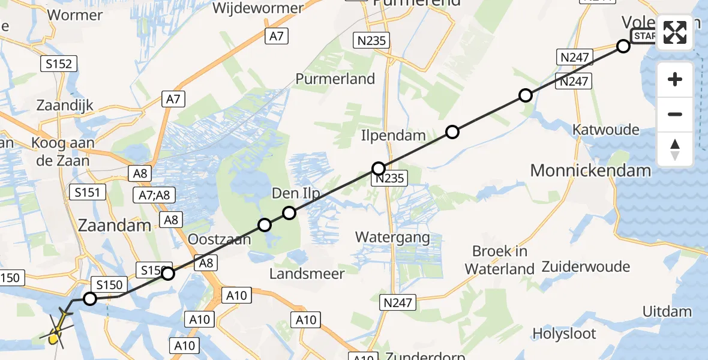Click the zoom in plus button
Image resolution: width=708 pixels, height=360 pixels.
(675, 79)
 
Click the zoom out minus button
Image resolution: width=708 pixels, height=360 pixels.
(675, 114)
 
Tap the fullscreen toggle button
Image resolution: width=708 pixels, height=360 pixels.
(675, 32)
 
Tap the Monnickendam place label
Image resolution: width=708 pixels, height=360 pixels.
(590, 170)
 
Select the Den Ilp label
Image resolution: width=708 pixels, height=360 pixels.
(296, 193)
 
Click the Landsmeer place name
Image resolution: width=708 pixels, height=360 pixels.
(307, 274)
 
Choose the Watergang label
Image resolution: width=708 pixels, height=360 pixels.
(392, 237)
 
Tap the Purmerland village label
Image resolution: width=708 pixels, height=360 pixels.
(335, 79)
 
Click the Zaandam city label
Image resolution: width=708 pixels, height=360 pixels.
(114, 226)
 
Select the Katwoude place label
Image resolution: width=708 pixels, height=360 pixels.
(606, 130)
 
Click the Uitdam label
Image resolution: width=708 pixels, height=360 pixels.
(667, 311)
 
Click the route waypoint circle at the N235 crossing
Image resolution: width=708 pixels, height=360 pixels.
(379, 169)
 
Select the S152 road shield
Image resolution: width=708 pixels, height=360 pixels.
(58, 64)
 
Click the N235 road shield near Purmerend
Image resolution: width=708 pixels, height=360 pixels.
(371, 41)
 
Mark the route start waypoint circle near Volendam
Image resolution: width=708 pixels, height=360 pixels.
(623, 46)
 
